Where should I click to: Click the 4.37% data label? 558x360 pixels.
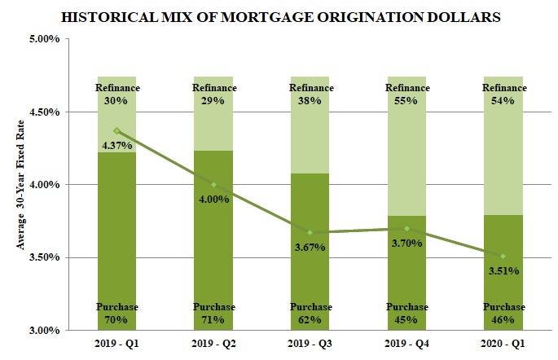coord(117,146)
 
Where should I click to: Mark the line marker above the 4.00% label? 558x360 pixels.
coord(213,184)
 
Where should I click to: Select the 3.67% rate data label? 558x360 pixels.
coord(310,247)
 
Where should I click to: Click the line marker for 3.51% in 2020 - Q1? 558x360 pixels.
coord(503,257)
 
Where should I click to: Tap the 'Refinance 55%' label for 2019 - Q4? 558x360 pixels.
coord(406,94)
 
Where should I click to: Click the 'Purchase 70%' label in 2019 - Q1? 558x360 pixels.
coord(117,314)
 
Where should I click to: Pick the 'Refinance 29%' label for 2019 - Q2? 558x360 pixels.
coord(213,94)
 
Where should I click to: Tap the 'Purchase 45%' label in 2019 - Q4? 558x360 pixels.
coord(406,314)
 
